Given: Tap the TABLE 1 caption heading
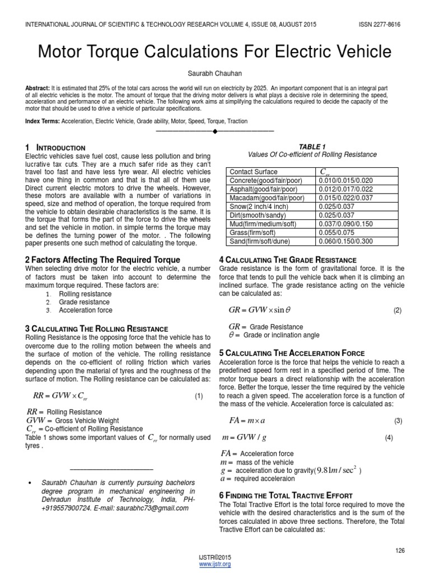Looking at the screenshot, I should click(312, 147).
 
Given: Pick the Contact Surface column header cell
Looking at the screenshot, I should click(253, 172).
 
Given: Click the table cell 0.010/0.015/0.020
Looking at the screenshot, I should click(345, 181).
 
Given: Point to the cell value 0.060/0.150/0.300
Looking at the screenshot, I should click(345, 241).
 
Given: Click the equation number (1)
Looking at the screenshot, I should click(199, 396).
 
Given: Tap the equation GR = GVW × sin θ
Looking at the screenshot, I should click(260, 310).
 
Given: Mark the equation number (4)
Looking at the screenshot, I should click(389, 438).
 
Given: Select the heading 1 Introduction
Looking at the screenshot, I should click(55, 147).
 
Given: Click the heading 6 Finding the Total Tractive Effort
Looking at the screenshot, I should click(286, 495).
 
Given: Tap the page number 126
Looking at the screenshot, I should click(399, 551).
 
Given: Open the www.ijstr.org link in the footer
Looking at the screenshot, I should click(215, 564).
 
